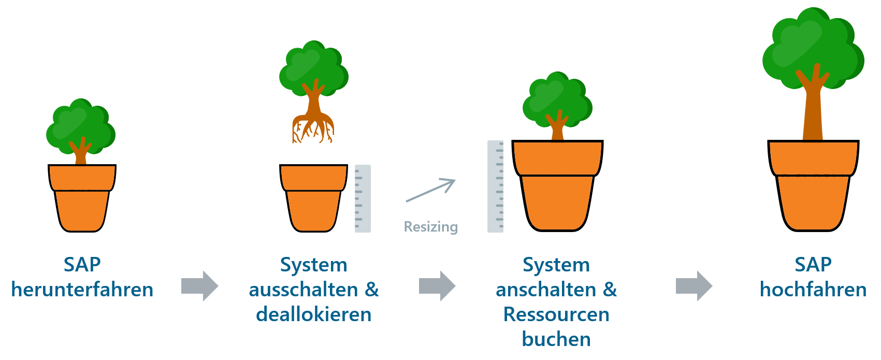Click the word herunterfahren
point(82,290)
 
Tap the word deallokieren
point(314,314)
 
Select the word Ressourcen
point(557,314)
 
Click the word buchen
point(557,339)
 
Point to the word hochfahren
point(813,290)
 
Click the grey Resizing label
point(431,227)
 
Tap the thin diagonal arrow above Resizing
point(431,191)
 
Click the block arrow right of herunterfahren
point(200,285)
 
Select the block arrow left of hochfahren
point(694,285)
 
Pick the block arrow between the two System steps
point(437,285)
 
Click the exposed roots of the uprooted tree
point(313,128)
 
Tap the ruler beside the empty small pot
point(363,199)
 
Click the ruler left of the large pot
point(496,186)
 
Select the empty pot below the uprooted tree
point(313,198)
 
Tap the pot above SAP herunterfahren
point(82,198)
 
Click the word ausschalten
point(304,290)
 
